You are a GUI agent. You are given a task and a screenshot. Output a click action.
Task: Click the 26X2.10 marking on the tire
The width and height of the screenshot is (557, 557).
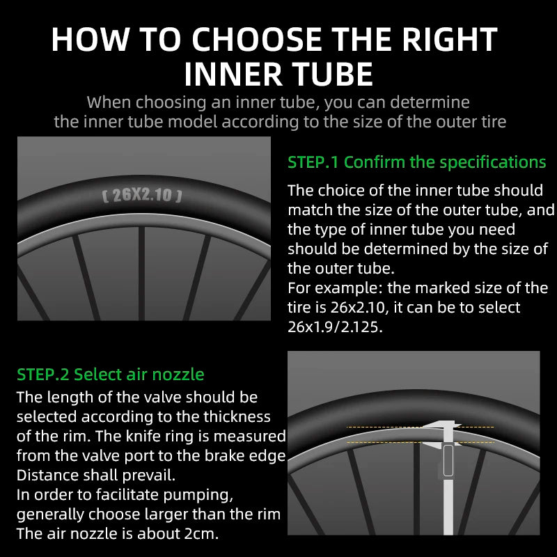click(x=142, y=195)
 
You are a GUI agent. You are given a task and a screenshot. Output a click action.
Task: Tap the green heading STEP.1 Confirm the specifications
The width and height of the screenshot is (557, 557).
click(x=416, y=162)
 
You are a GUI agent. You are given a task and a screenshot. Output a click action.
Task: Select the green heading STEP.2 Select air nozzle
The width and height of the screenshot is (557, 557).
click(x=111, y=375)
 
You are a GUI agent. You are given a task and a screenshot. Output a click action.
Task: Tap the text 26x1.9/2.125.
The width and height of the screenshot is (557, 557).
click(x=336, y=327)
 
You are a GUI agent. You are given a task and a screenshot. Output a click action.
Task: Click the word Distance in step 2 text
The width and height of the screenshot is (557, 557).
click(x=45, y=476)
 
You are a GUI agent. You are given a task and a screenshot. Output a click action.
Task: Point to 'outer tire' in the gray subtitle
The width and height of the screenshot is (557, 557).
click(x=469, y=121)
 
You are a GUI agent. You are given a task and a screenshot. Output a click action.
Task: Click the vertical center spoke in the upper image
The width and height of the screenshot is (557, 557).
click(x=141, y=272)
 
